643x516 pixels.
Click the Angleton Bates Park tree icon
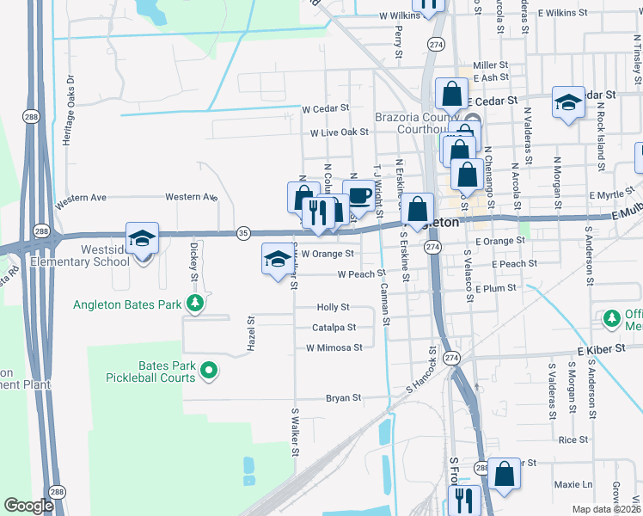[196, 304]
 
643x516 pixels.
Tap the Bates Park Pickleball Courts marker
[208, 371]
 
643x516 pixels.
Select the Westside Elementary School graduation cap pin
[143, 240]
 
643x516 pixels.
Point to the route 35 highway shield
[244, 232]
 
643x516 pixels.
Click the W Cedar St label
[326, 108]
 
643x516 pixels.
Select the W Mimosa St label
[334, 347]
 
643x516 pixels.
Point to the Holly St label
[334, 307]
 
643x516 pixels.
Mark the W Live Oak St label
[340, 132]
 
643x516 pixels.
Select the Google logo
[29, 505]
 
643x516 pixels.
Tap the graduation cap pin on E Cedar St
[567, 104]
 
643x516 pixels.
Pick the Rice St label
[573, 439]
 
